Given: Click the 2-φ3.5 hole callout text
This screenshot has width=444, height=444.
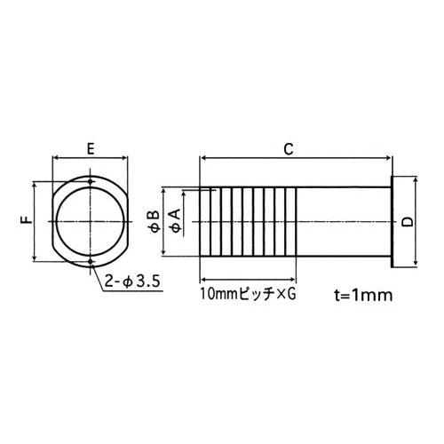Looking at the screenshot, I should (x=131, y=282).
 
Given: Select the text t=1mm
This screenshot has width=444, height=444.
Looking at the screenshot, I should (x=361, y=292).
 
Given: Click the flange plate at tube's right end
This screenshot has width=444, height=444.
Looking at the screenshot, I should (x=392, y=222).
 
